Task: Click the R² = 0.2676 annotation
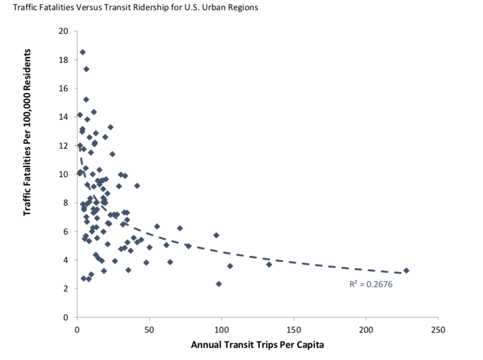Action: [x=371, y=285]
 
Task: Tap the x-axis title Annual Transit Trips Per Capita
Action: [x=257, y=345]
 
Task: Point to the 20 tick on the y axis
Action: [x=63, y=31]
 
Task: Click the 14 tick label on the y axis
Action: [x=63, y=117]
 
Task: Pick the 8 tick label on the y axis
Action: [x=65, y=203]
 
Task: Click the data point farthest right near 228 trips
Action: [x=406, y=270]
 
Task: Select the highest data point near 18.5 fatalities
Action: [x=83, y=52]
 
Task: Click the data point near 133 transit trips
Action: [x=269, y=264]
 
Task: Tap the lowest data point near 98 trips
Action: [x=219, y=284]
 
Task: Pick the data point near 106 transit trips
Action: [x=230, y=266]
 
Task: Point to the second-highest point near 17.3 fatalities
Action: [x=86, y=69]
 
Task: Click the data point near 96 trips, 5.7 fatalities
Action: [x=216, y=235]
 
